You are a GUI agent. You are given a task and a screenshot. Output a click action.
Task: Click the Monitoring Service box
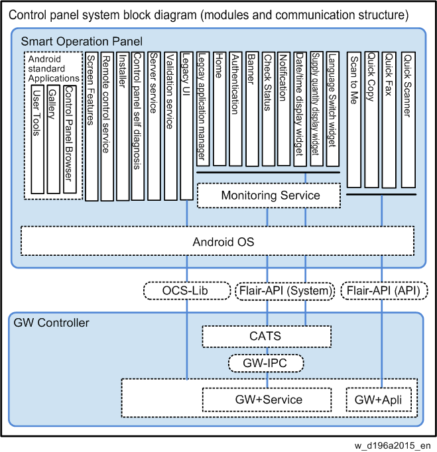coord(269,195)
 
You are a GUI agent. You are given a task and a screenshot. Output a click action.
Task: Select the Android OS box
coord(218,241)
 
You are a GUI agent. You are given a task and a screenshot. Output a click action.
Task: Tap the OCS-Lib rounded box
coord(187,290)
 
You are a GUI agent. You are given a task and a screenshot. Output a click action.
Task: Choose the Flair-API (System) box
coord(285,290)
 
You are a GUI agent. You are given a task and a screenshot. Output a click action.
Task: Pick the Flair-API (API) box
coord(384,290)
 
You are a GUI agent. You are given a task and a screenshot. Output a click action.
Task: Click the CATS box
coord(267,337)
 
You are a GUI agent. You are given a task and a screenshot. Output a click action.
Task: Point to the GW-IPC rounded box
coord(266,363)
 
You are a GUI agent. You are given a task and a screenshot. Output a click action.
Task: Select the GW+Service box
coord(267,400)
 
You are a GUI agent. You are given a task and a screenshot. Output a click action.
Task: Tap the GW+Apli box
coord(379,400)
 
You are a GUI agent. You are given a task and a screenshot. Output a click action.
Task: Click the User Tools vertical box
coord(38,139)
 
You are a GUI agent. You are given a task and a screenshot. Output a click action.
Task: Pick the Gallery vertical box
coord(54,139)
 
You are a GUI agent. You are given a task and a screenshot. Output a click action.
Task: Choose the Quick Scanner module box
coord(408,120)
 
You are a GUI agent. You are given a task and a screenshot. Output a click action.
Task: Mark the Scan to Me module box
coord(354,120)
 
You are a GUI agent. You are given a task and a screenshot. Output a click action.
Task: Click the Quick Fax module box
coord(389,120)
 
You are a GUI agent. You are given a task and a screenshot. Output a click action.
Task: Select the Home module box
coord(219,109)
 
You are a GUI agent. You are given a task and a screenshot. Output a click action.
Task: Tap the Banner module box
coord(252,109)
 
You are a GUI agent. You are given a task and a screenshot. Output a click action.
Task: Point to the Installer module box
coord(123,127)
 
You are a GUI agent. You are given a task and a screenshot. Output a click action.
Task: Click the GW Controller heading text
coord(51,323)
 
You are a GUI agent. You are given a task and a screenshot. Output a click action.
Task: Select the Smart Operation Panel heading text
coord(82,42)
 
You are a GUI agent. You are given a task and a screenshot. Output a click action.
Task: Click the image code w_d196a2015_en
coord(393,445)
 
